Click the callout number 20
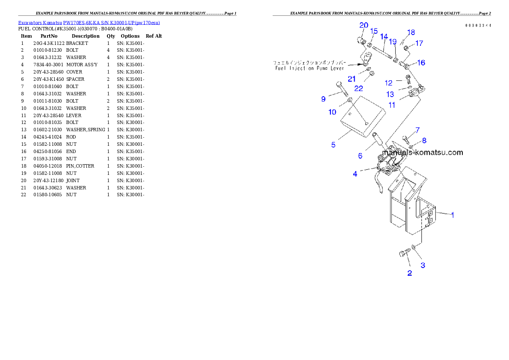coord(364,25)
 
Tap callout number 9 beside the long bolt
coord(323,99)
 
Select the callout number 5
coord(333,145)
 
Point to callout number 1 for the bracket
coord(453,215)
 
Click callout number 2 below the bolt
coord(409,273)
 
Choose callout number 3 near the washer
coord(423,265)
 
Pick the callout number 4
coord(355,174)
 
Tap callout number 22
coord(358,88)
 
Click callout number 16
coord(421,63)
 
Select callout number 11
coord(392,104)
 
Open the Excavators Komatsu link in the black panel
coord(89,23)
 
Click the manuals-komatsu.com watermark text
coord(422,152)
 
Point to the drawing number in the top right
coord(478,26)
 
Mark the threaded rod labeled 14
coord(382,54)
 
